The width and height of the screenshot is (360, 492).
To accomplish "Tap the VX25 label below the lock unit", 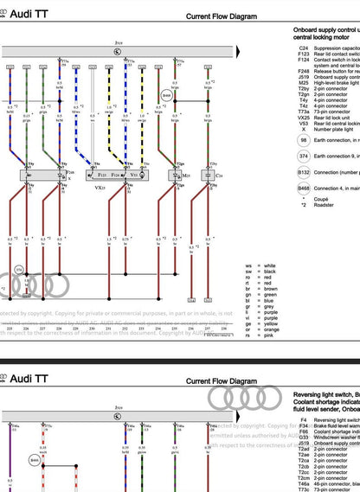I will (x=100, y=186).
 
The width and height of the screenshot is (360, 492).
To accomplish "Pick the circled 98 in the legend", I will (x=303, y=139).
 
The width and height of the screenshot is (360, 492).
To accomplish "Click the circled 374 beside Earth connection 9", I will (x=303, y=156).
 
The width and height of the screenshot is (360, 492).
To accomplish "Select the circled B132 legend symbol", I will (x=303, y=172).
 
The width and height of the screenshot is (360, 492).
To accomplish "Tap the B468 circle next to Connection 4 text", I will (x=303, y=188).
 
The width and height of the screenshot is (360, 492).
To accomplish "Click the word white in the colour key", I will (x=270, y=265).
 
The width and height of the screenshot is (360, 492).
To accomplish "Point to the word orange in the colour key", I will (x=272, y=329).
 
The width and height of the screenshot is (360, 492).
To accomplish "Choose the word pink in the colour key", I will (x=269, y=335).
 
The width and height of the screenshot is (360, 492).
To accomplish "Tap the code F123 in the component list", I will (x=304, y=54).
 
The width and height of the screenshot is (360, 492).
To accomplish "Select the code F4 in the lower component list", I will (x=303, y=419).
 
